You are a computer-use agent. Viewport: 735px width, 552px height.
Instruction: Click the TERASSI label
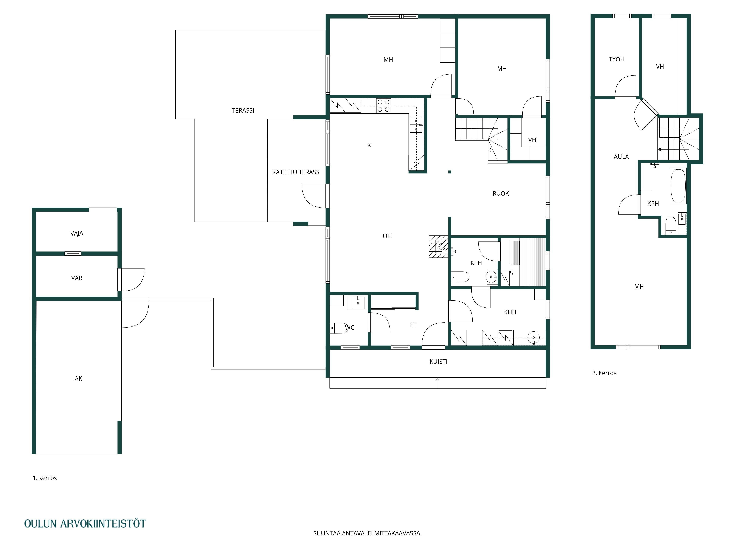[243, 110]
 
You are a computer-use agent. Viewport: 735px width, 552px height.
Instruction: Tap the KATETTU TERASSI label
[296, 172]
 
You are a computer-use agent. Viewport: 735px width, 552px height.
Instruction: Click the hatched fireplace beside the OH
[439, 247]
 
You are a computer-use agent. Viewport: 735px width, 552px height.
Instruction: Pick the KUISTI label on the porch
[438, 362]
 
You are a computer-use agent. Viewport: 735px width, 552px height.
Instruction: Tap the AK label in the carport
[78, 379]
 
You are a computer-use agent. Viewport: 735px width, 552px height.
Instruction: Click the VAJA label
[77, 233]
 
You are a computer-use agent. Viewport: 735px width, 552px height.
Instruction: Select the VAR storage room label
[77, 278]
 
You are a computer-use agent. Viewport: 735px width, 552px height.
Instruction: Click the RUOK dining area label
[501, 194]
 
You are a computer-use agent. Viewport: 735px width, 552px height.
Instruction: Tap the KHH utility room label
[510, 312]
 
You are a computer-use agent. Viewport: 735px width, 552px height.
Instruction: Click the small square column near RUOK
[450, 172]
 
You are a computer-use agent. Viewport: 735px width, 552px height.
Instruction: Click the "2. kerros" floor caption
[604, 373]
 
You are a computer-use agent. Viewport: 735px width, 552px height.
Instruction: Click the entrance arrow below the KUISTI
[438, 383]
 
